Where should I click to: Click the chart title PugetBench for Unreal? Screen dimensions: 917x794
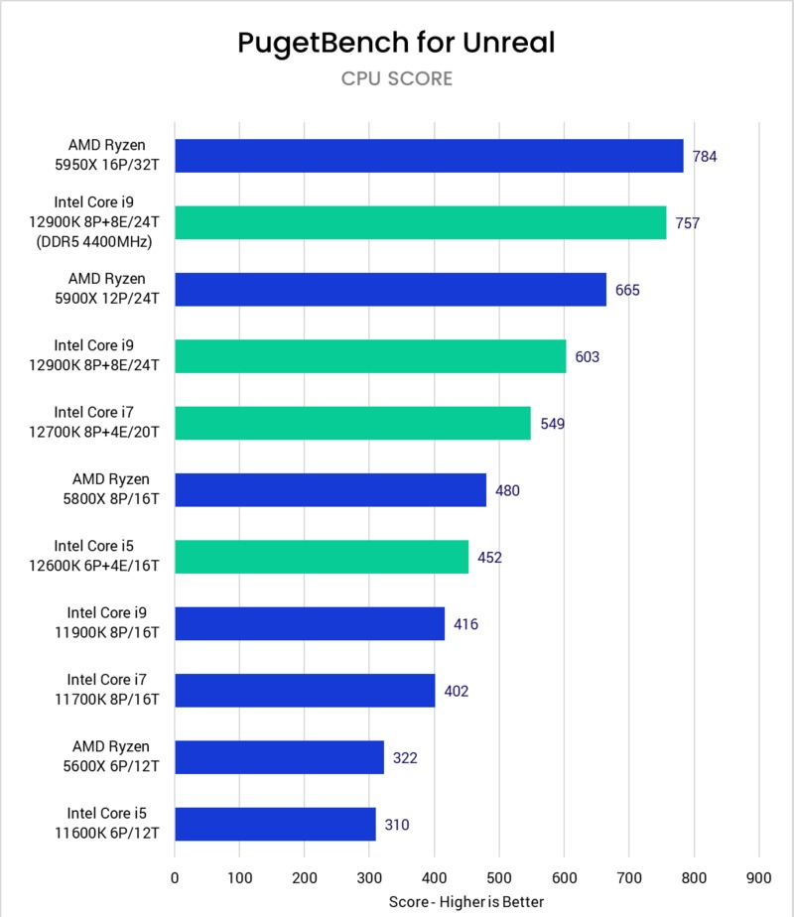(396, 42)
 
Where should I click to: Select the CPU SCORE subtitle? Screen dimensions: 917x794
(396, 78)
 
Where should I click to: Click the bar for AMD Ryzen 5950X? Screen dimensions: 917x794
(429, 156)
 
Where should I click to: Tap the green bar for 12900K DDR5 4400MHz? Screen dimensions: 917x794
(421, 222)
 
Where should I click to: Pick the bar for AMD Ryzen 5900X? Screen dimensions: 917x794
(390, 290)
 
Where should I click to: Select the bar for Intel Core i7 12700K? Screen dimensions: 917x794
(352, 423)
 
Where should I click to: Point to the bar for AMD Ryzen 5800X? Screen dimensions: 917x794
(331, 490)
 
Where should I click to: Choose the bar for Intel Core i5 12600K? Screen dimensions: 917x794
(322, 557)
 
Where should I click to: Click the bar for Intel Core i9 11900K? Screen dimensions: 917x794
(310, 623)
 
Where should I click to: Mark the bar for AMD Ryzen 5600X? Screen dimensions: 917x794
(279, 757)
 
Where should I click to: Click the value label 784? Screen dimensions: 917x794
(705, 156)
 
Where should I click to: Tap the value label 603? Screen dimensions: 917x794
(587, 356)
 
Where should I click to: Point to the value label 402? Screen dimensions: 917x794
(457, 691)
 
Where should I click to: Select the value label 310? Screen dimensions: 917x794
(397, 824)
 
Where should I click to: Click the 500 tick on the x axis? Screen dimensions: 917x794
(499, 877)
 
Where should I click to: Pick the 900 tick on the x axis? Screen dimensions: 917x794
(759, 877)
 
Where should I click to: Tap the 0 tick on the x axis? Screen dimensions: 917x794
(175, 877)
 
